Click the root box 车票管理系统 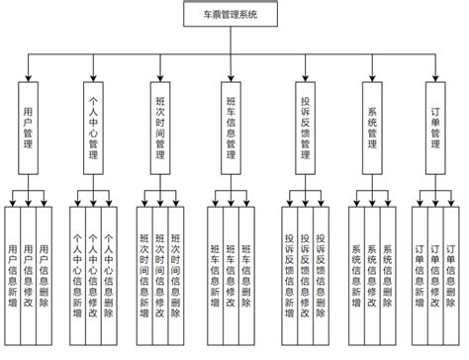tap(234, 16)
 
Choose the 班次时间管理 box tap(160, 124)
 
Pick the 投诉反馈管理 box tap(304, 124)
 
